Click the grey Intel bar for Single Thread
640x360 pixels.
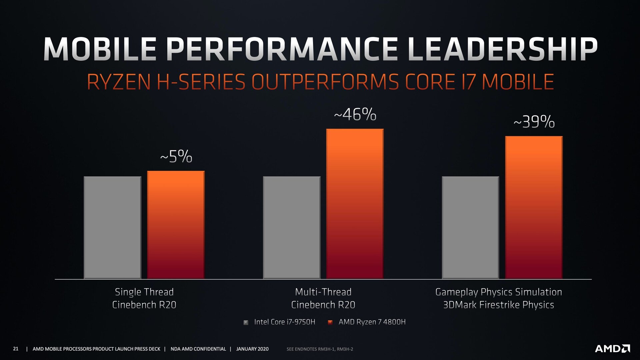coord(112,227)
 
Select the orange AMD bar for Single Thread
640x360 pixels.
coord(176,225)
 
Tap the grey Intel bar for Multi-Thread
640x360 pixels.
coord(292,227)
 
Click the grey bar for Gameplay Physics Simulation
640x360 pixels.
coord(470,227)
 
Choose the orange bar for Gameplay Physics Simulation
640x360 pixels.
coord(534,207)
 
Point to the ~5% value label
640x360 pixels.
coord(176,156)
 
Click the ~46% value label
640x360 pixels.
coord(355,115)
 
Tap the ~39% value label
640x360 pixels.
coord(534,122)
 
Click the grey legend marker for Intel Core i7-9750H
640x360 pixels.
coord(246,322)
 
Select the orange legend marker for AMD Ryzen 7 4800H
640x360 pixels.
coord(330,322)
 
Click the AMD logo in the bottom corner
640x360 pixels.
coord(612,349)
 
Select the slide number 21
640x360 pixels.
coord(16,349)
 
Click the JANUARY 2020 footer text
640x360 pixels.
coord(252,349)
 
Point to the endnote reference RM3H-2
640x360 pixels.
coord(345,349)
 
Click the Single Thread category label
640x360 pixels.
coord(144,292)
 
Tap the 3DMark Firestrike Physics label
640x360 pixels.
coord(498,305)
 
